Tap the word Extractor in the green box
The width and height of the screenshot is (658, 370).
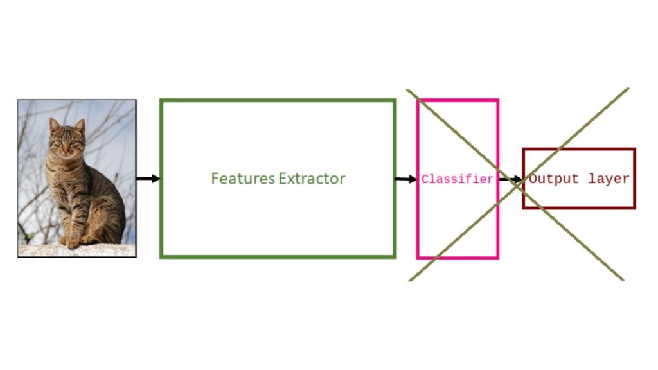(x=312, y=179)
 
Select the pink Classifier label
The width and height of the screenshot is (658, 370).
(x=457, y=180)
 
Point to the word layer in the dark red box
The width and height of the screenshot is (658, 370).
(x=608, y=179)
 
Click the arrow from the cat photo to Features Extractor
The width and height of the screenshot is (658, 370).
(x=148, y=179)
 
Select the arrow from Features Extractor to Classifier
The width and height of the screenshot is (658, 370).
(x=405, y=179)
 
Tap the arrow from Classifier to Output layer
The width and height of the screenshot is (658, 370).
(x=511, y=180)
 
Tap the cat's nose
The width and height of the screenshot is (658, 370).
(x=66, y=147)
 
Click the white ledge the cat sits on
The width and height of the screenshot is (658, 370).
(x=77, y=251)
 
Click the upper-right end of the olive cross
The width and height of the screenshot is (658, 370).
(x=627, y=89)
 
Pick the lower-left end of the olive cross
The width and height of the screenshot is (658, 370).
(x=410, y=279)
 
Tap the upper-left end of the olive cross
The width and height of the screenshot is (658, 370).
(x=409, y=91)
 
